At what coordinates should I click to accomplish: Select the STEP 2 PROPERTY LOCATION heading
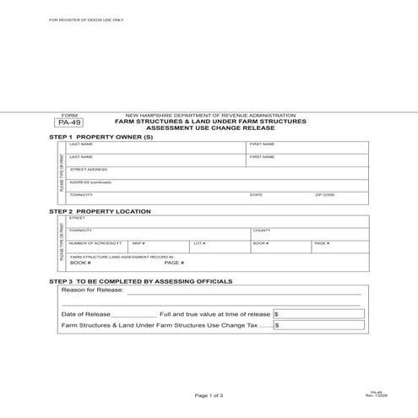coord(100,211)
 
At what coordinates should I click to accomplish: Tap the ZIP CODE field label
coord(325,195)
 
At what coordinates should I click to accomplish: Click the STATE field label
coord(256,195)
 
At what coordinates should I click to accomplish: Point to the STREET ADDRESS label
coord(88,170)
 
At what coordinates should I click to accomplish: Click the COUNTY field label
coord(262,231)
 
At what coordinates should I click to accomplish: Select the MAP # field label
coord(138,243)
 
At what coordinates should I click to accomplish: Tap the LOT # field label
coord(199,243)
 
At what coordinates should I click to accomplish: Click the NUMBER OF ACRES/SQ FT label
coord(95,243)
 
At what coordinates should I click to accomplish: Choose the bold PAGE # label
coord(174,263)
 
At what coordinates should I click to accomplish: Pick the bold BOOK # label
coord(80,263)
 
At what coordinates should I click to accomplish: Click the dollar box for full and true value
coord(318,312)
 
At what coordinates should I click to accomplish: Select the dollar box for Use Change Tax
coord(318,324)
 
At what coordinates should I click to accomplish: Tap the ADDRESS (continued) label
coord(90,182)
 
